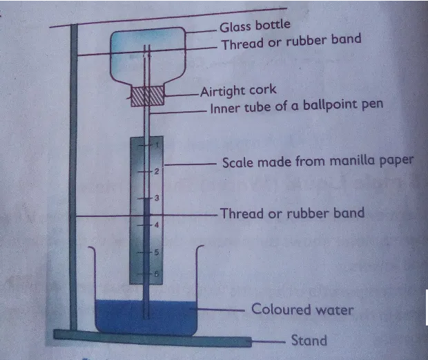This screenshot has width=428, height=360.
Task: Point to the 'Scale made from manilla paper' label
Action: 318,162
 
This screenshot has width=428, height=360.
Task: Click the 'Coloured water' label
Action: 302,309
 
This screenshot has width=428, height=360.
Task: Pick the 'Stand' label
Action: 309,340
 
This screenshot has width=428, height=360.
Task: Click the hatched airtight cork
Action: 148,96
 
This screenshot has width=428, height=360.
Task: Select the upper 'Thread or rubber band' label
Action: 291,43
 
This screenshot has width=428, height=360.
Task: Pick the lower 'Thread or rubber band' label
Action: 291,213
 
